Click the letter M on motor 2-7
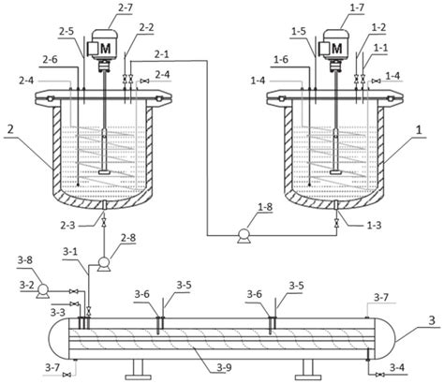(x=106, y=49)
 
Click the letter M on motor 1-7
(x=336, y=49)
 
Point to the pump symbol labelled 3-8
(x=42, y=291)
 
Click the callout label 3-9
(x=225, y=368)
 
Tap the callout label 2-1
(x=161, y=54)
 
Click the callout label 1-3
(x=374, y=225)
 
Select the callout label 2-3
(x=67, y=225)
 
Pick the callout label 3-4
(x=396, y=367)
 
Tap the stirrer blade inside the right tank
(x=335, y=172)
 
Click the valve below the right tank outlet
(x=336, y=224)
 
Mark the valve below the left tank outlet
(x=104, y=223)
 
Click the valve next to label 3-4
(x=379, y=375)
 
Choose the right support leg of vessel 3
(x=307, y=370)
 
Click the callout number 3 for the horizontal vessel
(x=432, y=320)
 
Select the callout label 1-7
(x=357, y=7)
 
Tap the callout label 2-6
(x=51, y=59)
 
